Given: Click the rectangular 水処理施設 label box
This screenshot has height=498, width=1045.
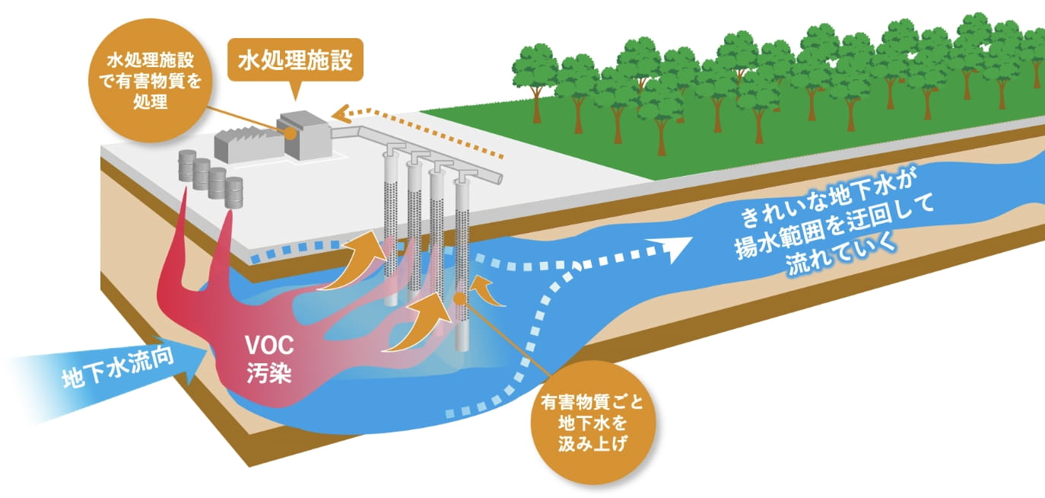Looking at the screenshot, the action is click(x=295, y=60).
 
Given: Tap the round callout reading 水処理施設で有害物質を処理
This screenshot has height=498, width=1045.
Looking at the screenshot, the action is click(x=151, y=81).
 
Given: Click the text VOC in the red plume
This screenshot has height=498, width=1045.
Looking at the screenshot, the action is click(x=269, y=345).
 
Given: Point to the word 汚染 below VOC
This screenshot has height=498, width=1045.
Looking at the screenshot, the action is click(x=269, y=373).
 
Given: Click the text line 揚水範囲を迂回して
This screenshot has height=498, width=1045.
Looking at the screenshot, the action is click(x=835, y=227).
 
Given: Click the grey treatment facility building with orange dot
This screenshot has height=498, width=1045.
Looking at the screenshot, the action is click(x=303, y=135).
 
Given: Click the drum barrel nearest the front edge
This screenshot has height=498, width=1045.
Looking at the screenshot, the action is click(x=233, y=192).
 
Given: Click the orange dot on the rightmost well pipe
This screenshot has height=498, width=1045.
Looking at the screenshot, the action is click(x=459, y=297).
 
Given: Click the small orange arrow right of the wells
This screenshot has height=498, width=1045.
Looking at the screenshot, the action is click(x=488, y=291).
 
